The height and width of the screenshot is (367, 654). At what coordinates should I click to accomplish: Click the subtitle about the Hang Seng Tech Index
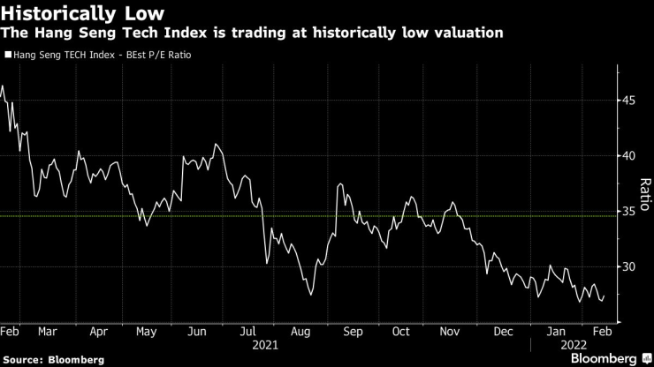point(254,33)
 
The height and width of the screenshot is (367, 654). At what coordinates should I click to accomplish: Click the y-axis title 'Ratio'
point(645,193)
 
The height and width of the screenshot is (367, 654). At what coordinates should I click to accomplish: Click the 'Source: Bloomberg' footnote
point(54,360)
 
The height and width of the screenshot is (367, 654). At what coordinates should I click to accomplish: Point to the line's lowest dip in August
point(310,294)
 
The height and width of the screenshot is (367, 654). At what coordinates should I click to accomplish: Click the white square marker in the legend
point(8,55)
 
